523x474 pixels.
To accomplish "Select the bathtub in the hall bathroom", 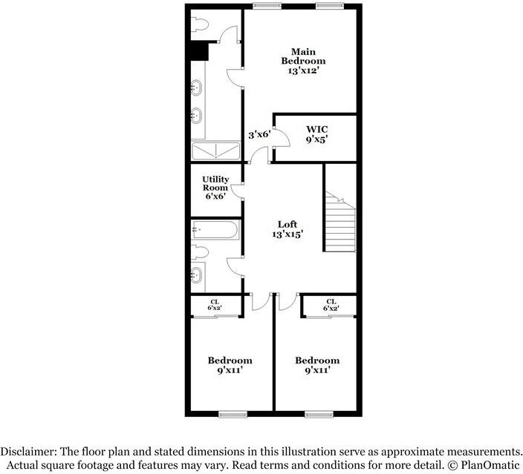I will [x=215, y=230].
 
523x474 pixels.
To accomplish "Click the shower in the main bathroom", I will [x=216, y=151].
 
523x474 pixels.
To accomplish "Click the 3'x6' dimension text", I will [x=259, y=134].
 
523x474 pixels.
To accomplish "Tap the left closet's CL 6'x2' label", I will [x=215, y=304].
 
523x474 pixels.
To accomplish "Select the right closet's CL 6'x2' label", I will [x=331, y=304].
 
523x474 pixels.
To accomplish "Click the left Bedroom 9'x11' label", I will [x=230, y=365].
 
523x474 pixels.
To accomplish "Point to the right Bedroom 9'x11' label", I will [x=317, y=365].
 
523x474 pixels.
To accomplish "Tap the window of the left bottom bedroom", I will [x=230, y=412].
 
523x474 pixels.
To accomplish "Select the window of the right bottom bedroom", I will [x=317, y=412].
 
